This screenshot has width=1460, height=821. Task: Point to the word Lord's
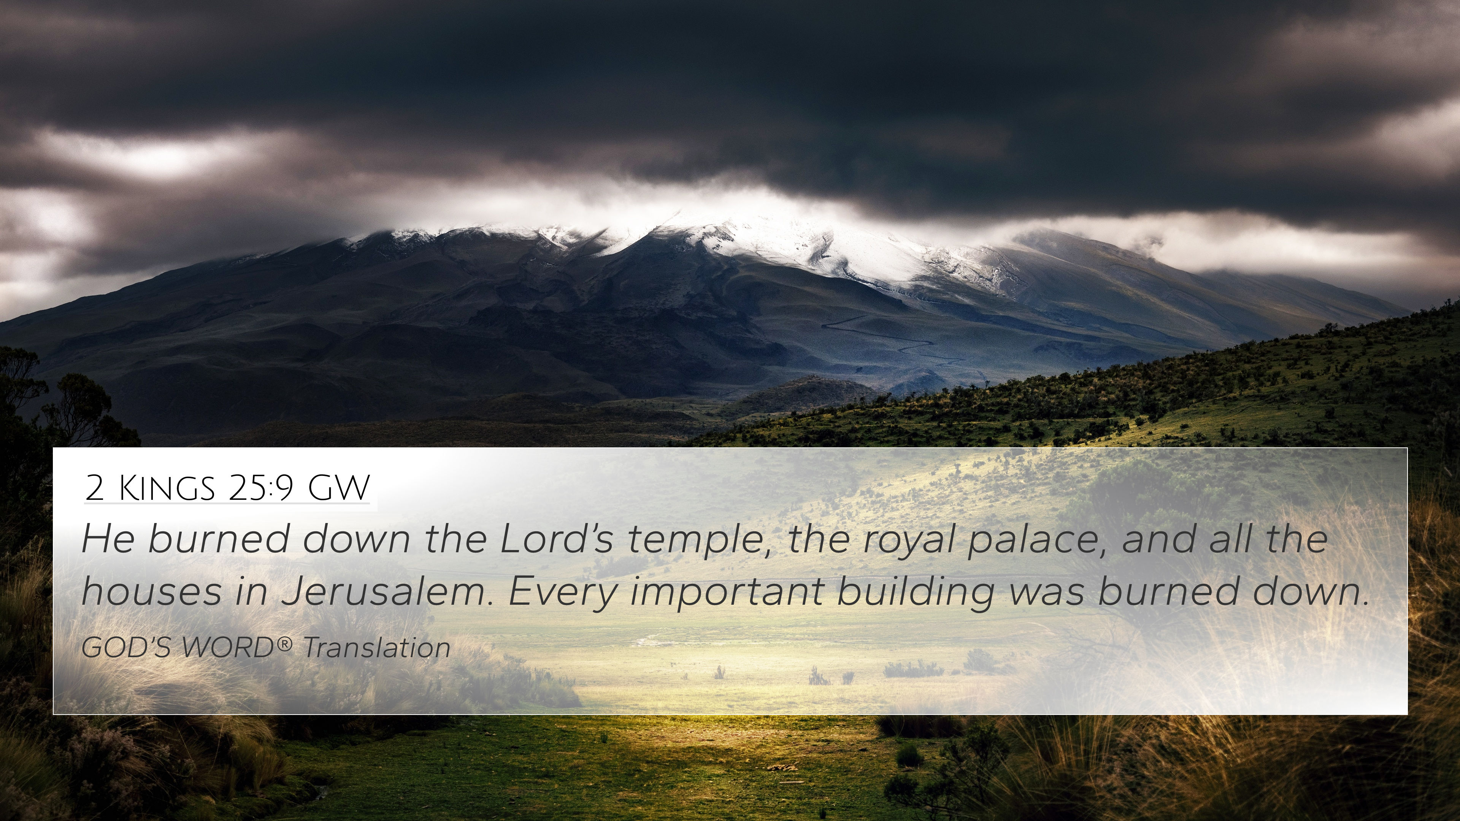point(557,539)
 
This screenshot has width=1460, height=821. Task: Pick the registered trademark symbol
point(286,643)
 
